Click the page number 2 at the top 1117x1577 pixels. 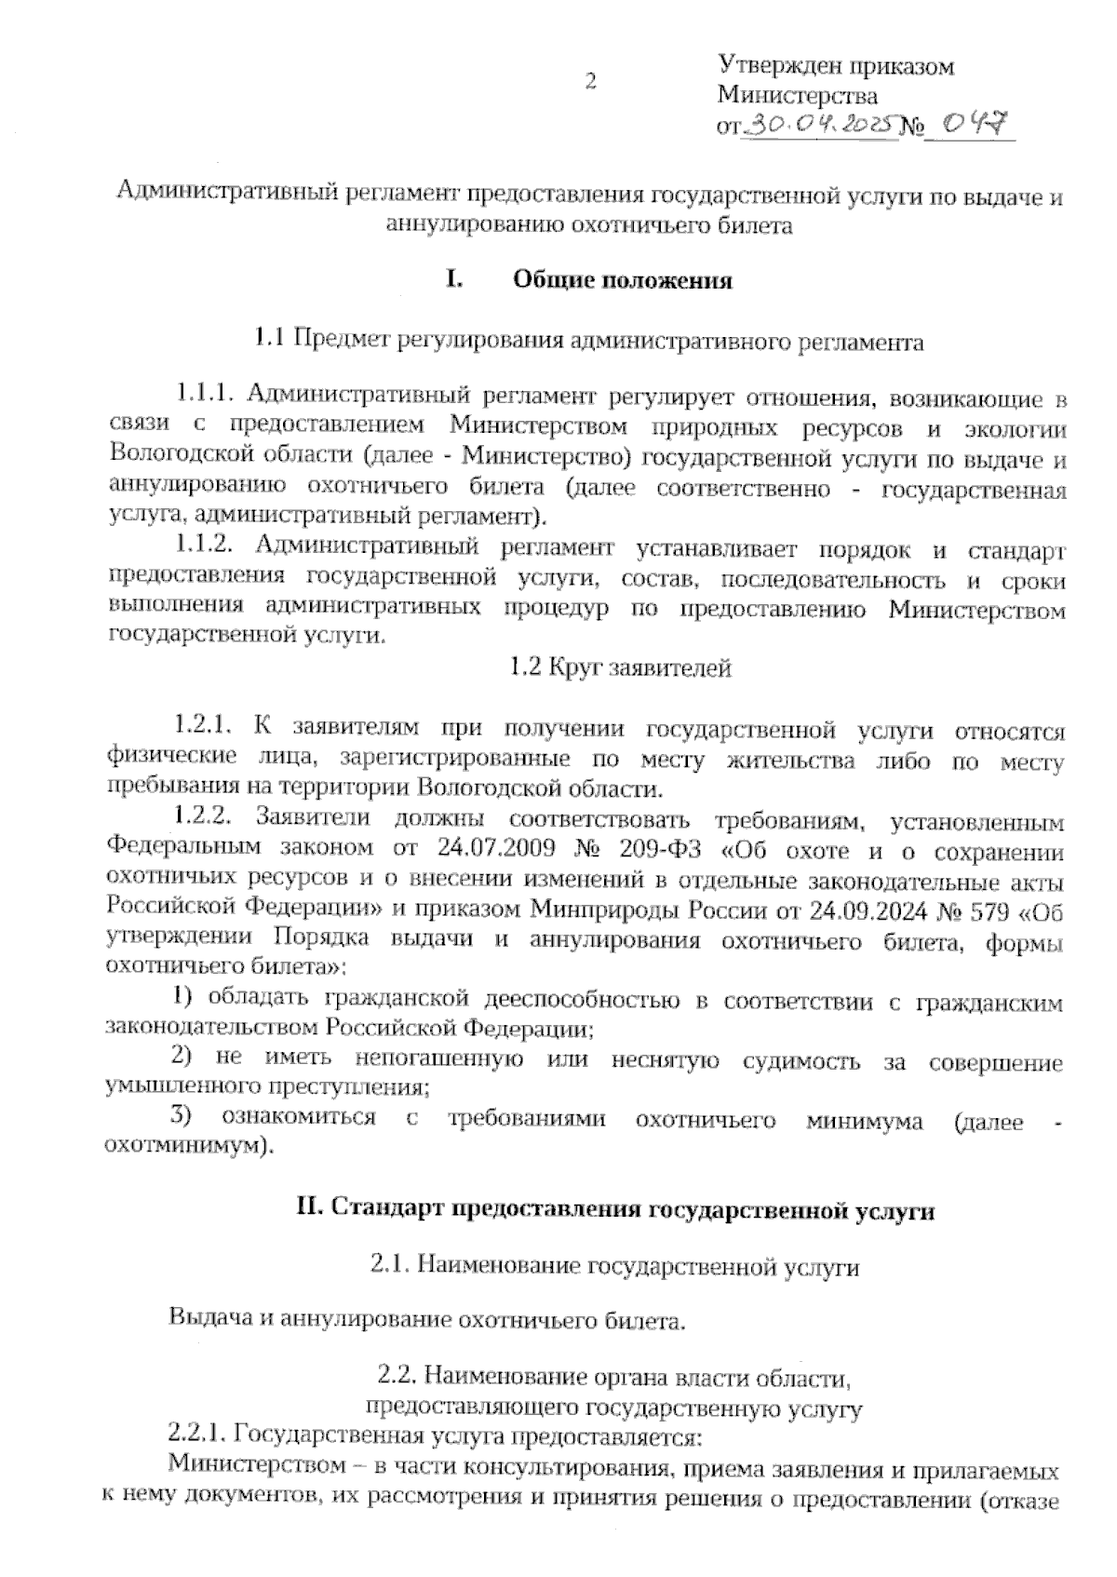tap(590, 81)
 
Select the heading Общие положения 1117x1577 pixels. tap(623, 281)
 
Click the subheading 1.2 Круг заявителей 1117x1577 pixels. tap(621, 668)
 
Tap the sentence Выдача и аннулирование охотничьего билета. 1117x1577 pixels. tap(427, 1321)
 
